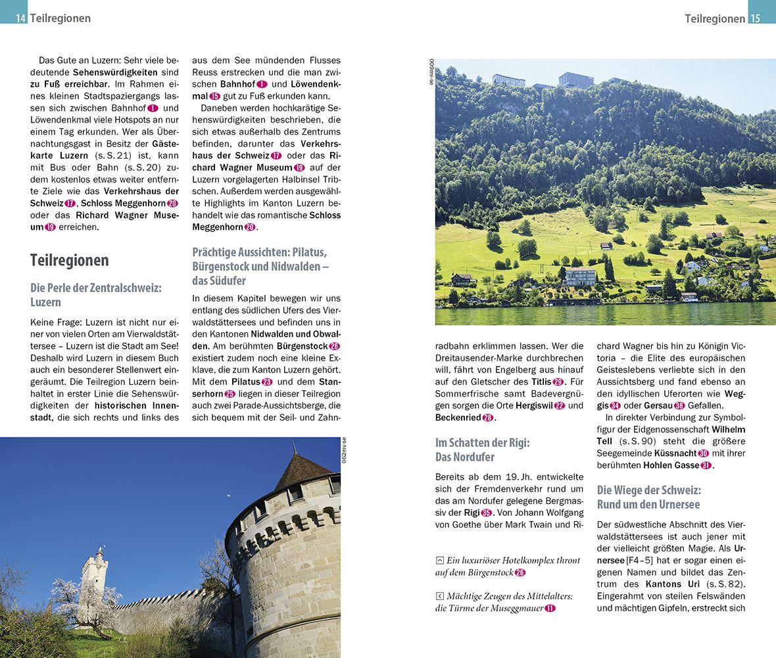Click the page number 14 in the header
click(21, 18)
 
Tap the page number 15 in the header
click(755, 18)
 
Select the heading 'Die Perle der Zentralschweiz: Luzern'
click(95, 295)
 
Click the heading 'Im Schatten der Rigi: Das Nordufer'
click(482, 449)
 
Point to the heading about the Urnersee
click(648, 497)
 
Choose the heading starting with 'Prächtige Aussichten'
click(260, 266)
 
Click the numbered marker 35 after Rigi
click(486, 513)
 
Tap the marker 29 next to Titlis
click(558, 382)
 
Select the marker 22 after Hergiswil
click(559, 405)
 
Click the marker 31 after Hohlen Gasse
click(706, 465)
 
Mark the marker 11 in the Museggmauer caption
click(550, 609)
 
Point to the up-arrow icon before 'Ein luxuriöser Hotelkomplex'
click(439, 561)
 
